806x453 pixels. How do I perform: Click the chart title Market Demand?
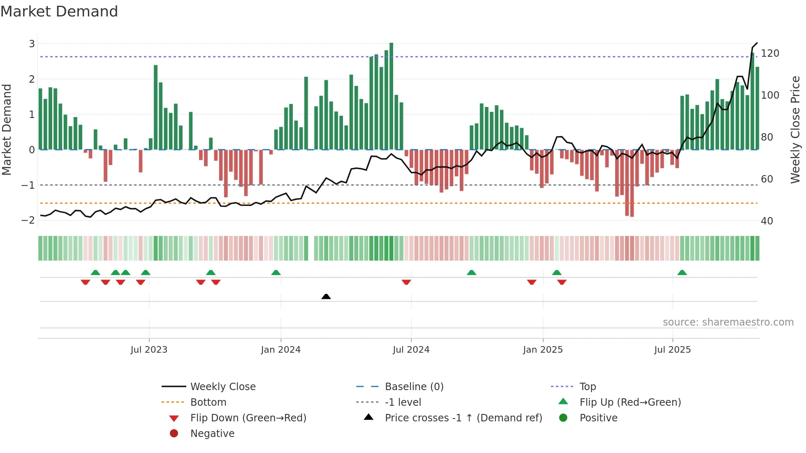point(59,12)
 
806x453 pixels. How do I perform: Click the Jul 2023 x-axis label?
point(149,350)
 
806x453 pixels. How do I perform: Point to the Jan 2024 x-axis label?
point(280,350)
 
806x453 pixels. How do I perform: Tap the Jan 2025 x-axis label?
point(542,350)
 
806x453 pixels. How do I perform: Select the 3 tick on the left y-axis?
point(32,44)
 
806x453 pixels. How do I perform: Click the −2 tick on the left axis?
point(28,220)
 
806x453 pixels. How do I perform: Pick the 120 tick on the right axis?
point(770,53)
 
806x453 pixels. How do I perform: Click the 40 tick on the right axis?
point(767,221)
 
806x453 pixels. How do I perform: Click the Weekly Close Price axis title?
point(795,129)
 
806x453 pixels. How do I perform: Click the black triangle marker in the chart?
point(326,296)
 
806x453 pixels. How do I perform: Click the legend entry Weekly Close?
point(222,387)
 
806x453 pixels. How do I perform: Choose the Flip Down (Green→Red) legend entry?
point(248,418)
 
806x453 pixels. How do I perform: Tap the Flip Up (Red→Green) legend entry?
point(630,402)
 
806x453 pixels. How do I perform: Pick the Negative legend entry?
point(212,434)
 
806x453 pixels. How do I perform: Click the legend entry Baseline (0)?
point(414,387)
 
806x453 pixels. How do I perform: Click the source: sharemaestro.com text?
point(728,322)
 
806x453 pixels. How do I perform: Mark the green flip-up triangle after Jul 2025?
point(682,273)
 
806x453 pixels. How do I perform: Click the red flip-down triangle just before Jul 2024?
point(406,282)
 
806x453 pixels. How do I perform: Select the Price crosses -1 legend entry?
point(463,418)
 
